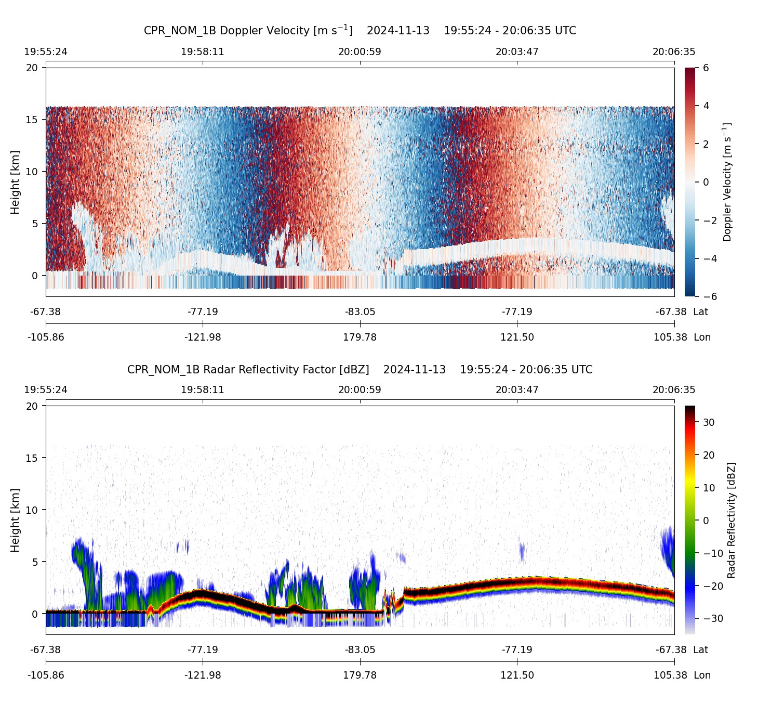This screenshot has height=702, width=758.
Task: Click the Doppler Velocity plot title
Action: tap(360, 31)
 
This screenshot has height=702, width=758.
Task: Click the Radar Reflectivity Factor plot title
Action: tap(360, 370)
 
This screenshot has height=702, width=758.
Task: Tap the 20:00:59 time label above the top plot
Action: tap(360, 52)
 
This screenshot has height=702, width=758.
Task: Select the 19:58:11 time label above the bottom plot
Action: tap(203, 390)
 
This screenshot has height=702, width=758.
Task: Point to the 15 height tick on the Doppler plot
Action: tap(32, 120)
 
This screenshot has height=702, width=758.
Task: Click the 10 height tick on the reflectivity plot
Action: tap(32, 510)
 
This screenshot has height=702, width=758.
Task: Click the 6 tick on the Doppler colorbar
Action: tap(706, 68)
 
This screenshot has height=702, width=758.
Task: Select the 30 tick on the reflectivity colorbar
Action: tap(709, 423)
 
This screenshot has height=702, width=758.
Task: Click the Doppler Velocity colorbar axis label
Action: tap(727, 182)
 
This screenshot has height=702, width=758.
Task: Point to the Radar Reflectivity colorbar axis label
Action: tap(732, 520)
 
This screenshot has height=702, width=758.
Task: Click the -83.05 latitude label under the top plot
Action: tap(360, 312)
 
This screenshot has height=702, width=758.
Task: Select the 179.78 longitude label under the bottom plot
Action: tap(360, 675)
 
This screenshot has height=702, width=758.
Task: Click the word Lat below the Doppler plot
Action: tap(701, 312)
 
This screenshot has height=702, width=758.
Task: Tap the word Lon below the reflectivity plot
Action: tap(702, 675)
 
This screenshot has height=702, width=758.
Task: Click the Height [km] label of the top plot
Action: tap(15, 182)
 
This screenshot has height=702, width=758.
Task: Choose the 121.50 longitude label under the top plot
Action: tap(517, 337)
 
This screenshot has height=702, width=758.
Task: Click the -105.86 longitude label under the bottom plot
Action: tap(46, 675)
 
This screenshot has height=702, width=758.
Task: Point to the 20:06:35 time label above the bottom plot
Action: tap(674, 390)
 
